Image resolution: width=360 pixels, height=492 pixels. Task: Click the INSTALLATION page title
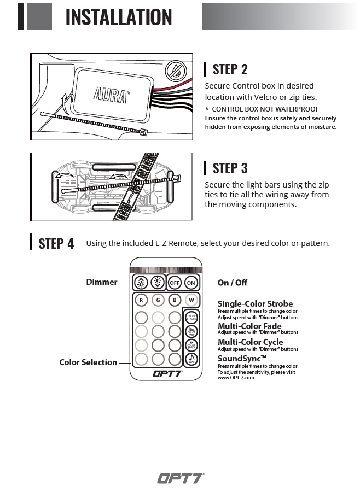[118, 17]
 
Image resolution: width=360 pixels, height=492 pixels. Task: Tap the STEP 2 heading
[230, 69]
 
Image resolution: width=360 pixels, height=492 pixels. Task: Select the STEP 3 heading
[230, 168]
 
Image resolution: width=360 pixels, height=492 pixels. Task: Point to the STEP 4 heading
[56, 243]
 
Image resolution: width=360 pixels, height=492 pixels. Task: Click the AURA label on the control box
[112, 93]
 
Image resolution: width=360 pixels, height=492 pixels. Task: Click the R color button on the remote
[141, 300]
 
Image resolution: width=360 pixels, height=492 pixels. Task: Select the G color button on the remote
[158, 300]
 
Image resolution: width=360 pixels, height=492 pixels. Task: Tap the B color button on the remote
[175, 300]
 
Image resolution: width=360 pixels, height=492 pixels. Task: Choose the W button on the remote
[191, 300]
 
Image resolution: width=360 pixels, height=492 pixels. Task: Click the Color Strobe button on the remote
[191, 318]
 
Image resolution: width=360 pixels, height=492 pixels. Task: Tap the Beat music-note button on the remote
[191, 359]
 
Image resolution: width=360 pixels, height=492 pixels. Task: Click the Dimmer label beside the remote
[101, 282]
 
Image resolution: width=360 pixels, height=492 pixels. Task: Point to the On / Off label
[232, 283]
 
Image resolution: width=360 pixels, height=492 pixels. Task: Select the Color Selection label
[88, 362]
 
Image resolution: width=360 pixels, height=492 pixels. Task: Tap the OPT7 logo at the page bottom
[181, 478]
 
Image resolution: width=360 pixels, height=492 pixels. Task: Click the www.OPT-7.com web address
[236, 378]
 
